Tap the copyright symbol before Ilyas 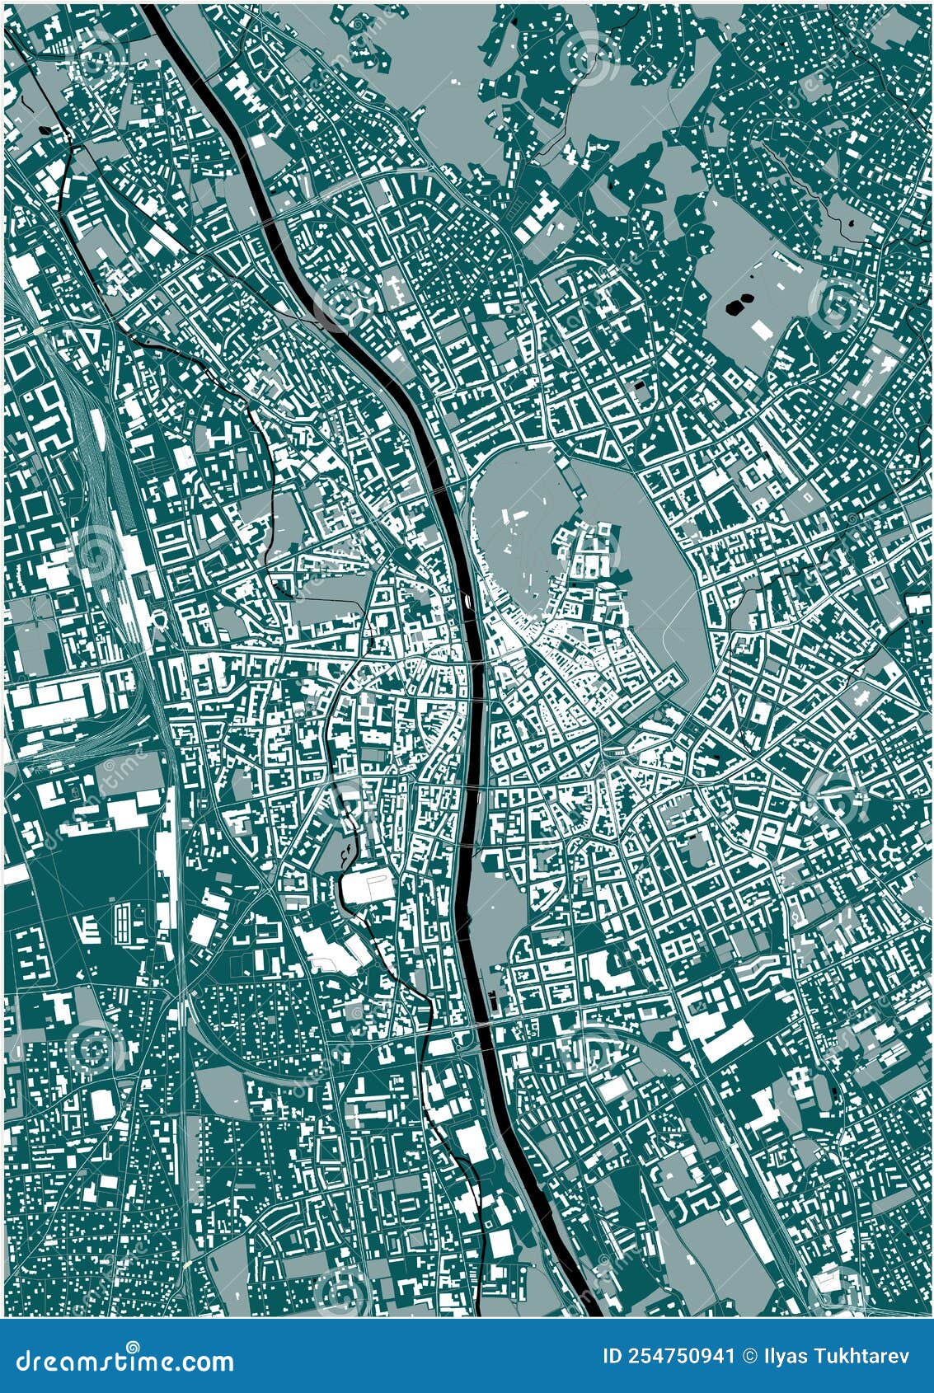coord(750,1358)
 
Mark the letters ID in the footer coord(614,1358)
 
